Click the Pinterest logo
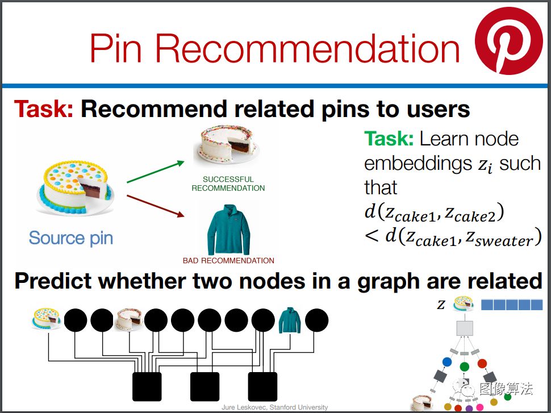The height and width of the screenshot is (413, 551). (509, 41)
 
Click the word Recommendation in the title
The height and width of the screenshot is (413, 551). (307, 48)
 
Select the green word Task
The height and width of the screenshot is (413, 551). (389, 139)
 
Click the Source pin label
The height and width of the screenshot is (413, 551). (71, 238)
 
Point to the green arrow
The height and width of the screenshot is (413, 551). (155, 172)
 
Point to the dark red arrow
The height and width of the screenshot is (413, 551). (155, 206)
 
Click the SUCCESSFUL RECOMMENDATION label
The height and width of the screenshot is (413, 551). (228, 183)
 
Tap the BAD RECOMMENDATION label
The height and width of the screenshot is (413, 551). (228, 260)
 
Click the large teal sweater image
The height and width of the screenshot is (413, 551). (228, 230)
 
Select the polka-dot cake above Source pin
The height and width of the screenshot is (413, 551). (75, 187)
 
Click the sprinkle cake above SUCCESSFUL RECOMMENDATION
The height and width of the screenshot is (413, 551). (226, 144)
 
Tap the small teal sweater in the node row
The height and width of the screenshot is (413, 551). (290, 320)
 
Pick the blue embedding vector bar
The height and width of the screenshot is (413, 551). (512, 304)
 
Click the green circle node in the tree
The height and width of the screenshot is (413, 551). (464, 367)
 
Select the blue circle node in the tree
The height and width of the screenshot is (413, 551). (447, 362)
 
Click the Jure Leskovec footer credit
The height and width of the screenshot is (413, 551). (275, 407)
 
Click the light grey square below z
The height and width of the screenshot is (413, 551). (465, 328)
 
